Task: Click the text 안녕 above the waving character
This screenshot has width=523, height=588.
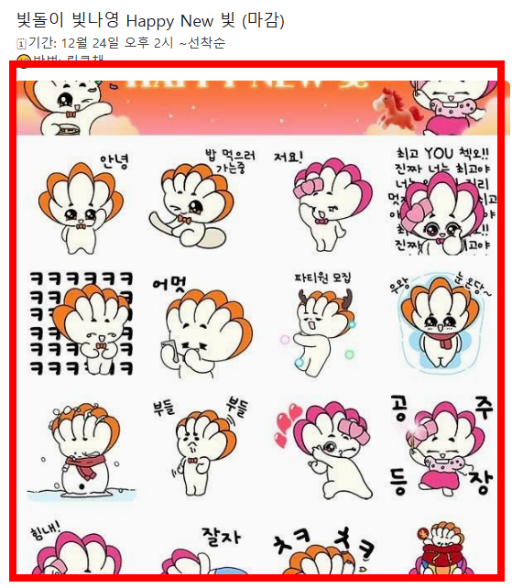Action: [x=114, y=162]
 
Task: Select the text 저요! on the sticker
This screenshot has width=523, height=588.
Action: [x=288, y=158]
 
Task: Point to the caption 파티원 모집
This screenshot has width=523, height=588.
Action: [x=322, y=277]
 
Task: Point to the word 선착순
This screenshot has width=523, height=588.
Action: [x=206, y=43]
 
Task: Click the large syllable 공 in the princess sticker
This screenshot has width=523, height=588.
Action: [x=400, y=406]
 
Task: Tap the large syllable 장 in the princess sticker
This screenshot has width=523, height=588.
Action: [x=480, y=481]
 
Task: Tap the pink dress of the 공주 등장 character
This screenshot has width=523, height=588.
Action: [x=441, y=477]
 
